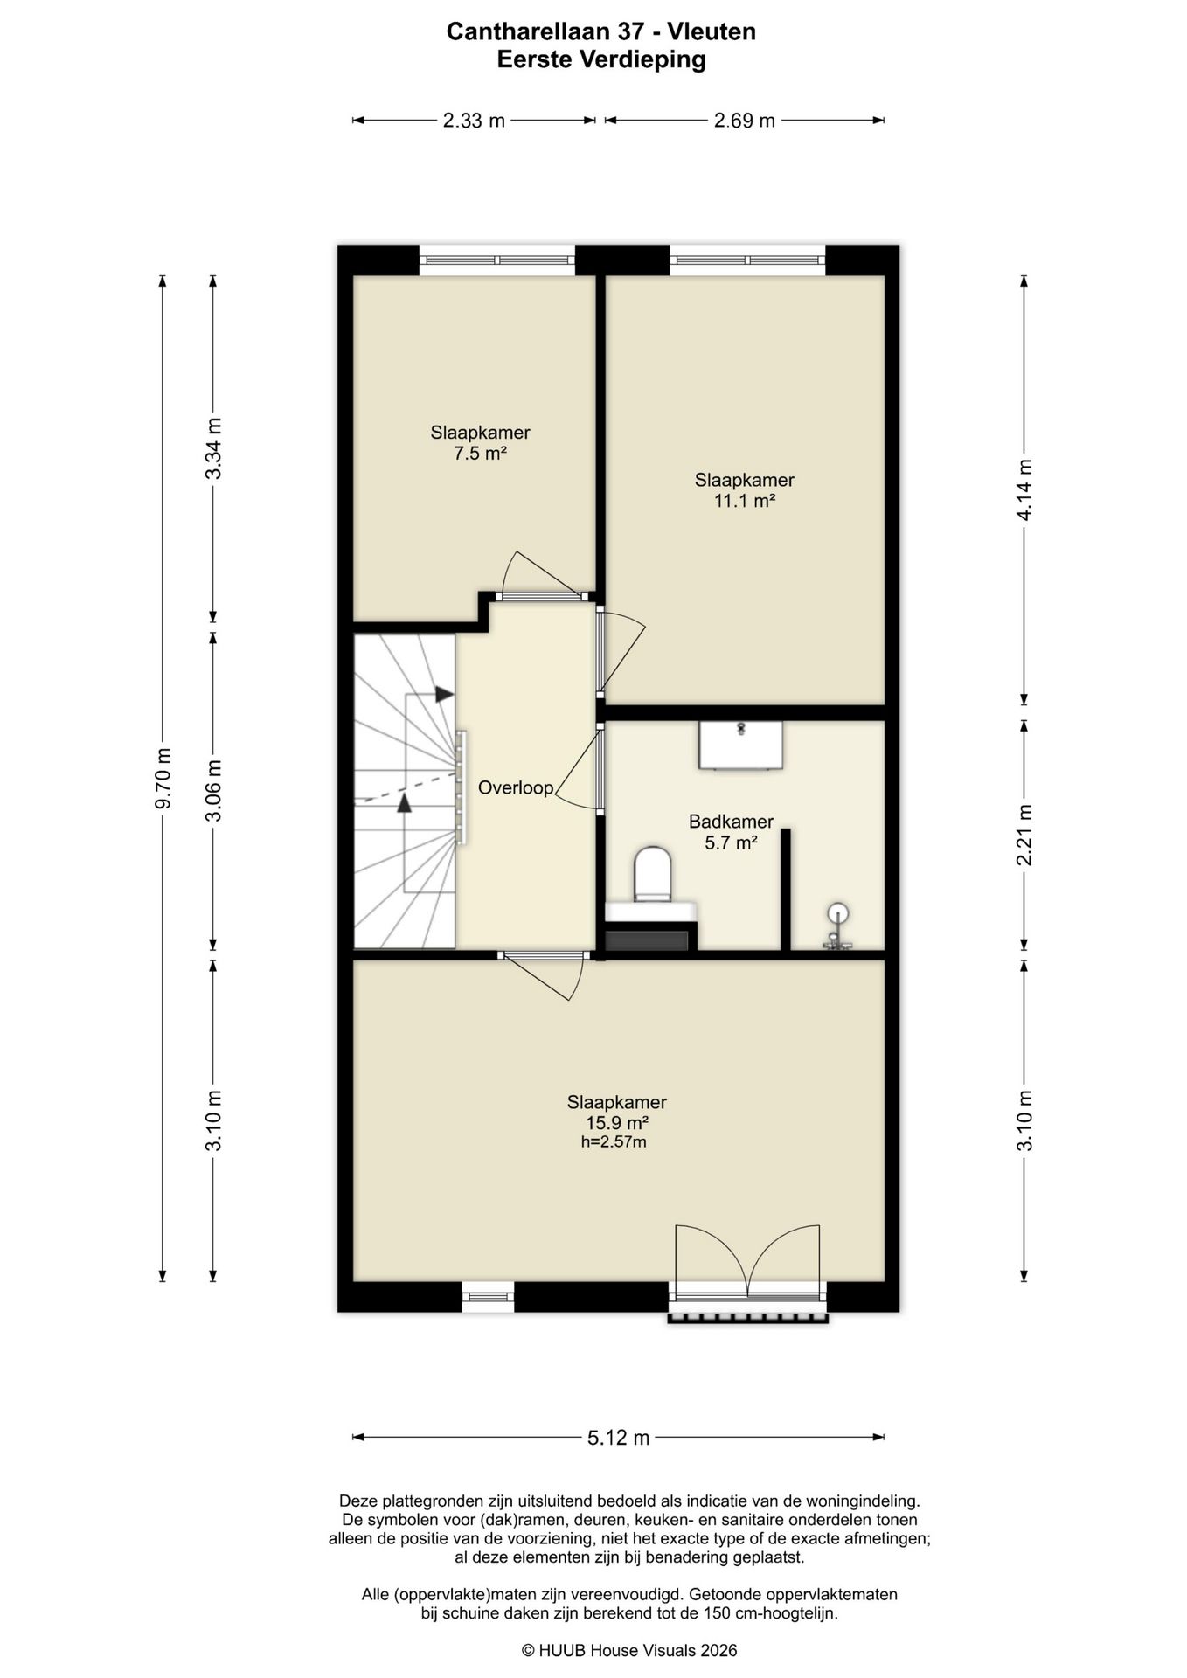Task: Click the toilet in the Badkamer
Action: pos(652,873)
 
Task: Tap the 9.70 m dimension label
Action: pos(163,779)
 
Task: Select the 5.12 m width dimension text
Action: pos(619,1438)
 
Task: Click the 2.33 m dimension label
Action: pos(475,121)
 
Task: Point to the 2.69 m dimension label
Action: pos(745,121)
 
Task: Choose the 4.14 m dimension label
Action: pos(1024,489)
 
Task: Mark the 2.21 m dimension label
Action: pos(1024,835)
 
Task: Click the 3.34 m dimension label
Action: pos(213,447)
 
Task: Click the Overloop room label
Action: pos(516,788)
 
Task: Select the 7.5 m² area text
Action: pos(481,454)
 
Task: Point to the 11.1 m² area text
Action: pos(745,501)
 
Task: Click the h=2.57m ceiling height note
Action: pos(614,1142)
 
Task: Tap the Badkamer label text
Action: pos(731,822)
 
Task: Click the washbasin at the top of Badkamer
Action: pos(741,745)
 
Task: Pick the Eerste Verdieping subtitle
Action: pos(601,59)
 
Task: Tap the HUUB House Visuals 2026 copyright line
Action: pos(629,1650)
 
